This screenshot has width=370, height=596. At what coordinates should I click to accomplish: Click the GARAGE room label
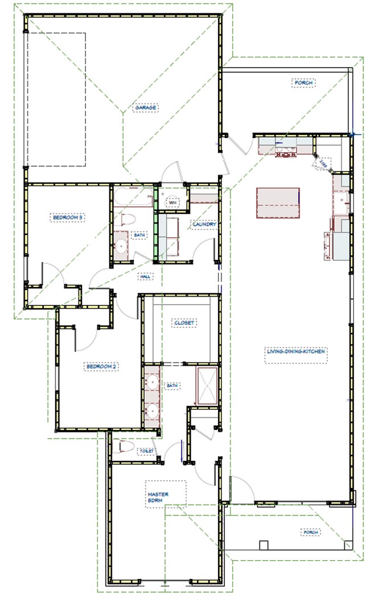146,107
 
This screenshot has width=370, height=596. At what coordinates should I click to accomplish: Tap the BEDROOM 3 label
69,217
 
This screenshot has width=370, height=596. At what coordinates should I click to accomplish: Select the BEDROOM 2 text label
101,367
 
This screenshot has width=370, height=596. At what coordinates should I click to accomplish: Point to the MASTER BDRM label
158,497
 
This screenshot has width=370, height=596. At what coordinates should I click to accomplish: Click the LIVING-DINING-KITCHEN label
296,352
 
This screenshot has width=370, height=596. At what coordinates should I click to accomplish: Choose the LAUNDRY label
204,225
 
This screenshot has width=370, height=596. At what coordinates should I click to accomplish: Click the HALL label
145,277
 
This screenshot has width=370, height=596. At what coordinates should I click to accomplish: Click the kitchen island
278,202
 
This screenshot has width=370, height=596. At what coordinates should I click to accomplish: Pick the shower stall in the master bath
207,387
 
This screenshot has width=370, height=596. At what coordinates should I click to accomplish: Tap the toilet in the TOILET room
125,446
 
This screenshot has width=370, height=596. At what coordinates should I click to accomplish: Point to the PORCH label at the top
304,83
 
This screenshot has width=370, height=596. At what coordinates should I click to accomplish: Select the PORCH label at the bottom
310,532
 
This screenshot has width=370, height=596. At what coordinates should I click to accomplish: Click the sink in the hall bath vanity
121,246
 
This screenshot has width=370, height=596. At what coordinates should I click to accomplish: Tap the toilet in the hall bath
128,220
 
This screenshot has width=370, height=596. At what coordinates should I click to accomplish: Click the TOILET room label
146,451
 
